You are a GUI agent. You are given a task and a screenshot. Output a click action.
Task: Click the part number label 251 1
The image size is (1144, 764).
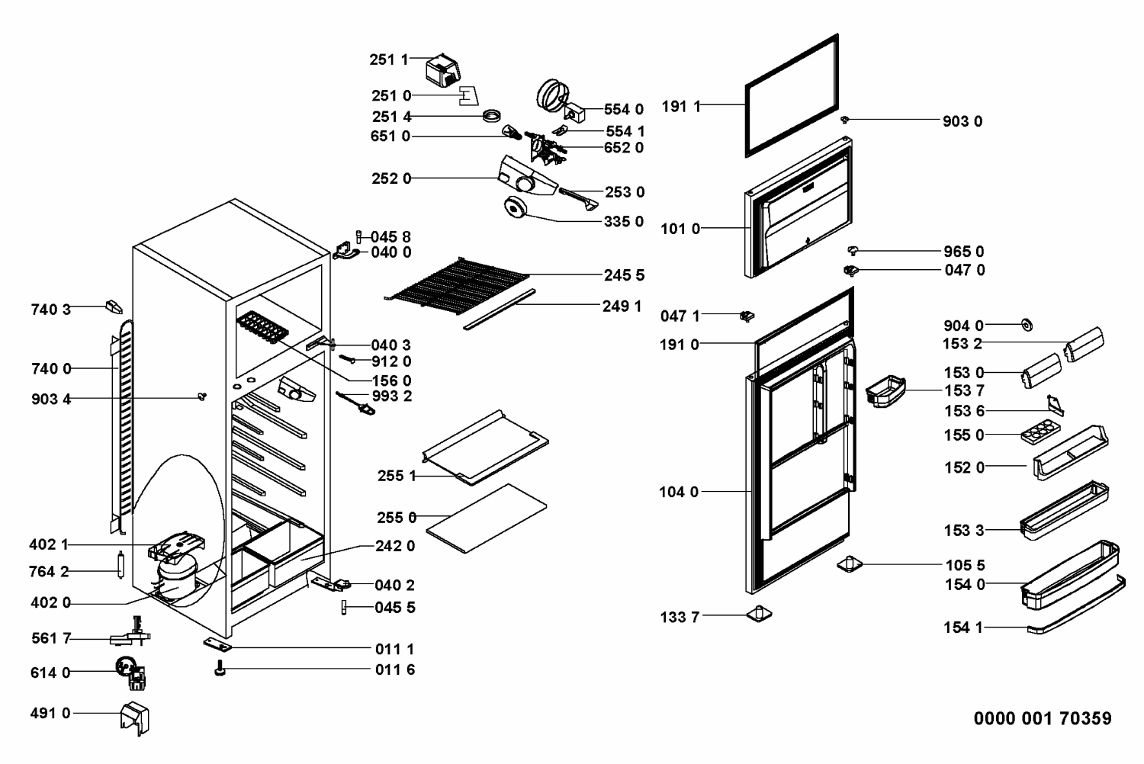(389, 59)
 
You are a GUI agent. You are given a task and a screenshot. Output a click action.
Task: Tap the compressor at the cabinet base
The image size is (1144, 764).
(177, 575)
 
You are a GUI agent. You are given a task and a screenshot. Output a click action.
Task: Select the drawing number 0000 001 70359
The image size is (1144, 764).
(1043, 718)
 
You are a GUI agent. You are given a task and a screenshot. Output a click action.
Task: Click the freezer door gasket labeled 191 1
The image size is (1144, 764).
(792, 95)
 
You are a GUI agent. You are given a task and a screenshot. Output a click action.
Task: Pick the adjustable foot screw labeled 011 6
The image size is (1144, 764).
(220, 668)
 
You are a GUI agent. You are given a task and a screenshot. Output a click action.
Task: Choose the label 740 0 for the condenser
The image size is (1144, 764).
(51, 369)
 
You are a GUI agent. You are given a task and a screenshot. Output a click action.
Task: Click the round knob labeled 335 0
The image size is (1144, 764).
(516, 208)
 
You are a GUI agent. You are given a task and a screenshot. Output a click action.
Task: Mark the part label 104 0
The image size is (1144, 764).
(679, 492)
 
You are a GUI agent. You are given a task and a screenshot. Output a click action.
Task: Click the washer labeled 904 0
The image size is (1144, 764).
(1027, 325)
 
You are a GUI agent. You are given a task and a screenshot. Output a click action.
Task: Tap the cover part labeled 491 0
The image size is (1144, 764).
(135, 718)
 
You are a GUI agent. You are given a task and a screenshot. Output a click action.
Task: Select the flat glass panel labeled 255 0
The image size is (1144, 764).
(487, 518)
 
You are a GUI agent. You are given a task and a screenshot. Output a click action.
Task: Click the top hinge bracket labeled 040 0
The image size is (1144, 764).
(346, 251)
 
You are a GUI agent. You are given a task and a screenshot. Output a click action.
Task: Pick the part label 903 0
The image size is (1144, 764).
(962, 121)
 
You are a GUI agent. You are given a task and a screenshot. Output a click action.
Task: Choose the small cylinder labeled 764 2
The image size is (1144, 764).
(121, 564)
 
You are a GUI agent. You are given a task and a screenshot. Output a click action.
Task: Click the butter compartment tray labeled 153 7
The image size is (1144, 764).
(885, 392)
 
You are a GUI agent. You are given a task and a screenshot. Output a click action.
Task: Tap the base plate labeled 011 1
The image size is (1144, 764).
(217, 644)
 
